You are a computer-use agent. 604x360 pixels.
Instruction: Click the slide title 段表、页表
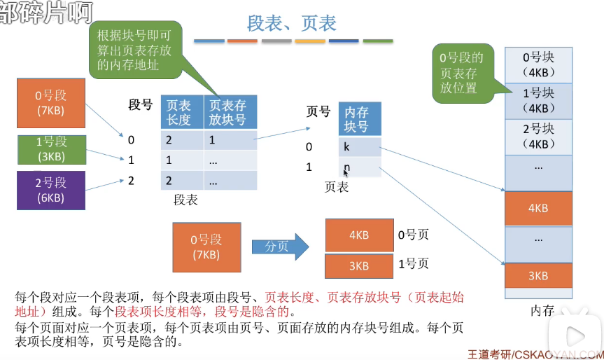292,23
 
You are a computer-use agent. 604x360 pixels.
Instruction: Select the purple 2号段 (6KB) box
51,191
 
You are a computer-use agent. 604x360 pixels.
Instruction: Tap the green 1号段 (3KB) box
52,150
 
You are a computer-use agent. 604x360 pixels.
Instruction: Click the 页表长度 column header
182,112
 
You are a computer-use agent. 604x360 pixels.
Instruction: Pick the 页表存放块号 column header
230,112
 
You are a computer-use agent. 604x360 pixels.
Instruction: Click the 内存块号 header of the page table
360,118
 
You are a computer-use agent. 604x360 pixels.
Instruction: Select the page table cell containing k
360,146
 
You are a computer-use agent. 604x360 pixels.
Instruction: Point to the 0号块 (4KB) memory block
538,64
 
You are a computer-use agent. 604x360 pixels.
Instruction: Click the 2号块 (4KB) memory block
538,137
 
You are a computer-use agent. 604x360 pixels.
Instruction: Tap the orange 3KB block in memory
538,275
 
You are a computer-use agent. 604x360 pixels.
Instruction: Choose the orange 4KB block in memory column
538,208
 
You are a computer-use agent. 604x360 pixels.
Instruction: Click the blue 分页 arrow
280,247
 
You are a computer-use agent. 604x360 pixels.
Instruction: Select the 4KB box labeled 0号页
360,235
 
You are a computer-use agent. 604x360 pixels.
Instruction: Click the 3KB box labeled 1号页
359,266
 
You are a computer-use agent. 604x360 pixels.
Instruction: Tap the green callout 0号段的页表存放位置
463,74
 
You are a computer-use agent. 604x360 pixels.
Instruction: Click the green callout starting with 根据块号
135,50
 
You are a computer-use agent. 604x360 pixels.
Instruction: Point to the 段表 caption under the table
185,200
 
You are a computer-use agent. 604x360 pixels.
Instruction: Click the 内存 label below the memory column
542,310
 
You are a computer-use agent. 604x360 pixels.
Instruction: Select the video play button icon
575,336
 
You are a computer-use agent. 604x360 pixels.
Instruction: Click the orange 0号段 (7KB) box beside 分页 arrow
207,247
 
